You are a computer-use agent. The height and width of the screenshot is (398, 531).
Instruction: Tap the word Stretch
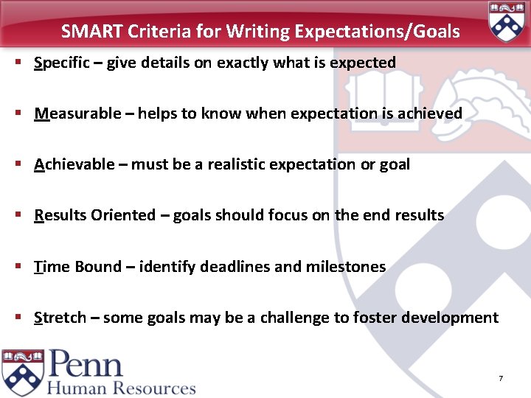[60, 318]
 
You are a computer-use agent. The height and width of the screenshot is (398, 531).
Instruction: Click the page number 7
[501, 379]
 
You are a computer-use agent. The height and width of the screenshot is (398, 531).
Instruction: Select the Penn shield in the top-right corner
[505, 22]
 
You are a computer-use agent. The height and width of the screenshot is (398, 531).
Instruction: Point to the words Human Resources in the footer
[122, 388]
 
